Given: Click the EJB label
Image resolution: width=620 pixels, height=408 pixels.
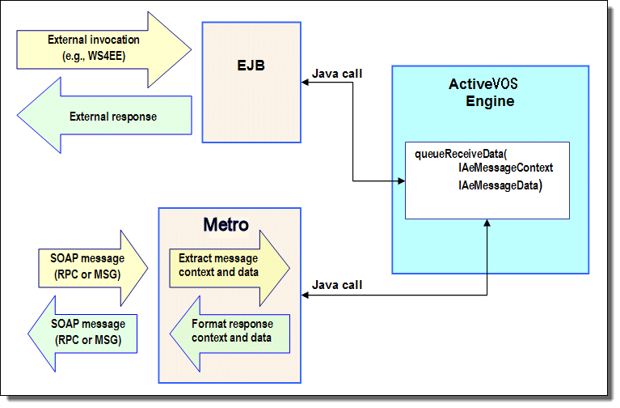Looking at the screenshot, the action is pos(251,66).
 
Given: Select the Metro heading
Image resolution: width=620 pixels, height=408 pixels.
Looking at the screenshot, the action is pos(226,224).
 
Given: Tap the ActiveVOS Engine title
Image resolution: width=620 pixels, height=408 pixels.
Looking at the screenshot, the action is pos(483,92).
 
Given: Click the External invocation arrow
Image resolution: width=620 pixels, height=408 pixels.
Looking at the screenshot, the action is pos(104,49).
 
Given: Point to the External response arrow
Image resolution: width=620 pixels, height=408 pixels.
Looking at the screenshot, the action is pos(104,115).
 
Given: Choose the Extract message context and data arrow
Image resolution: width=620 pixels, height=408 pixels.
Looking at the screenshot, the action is pos(230,268).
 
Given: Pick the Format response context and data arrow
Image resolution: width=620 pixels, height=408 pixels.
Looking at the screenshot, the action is pos(230,334).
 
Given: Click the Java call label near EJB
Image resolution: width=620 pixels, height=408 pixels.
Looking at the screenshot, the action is pos(337,74).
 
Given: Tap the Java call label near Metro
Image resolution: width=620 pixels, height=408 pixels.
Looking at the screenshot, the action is pos(337,285).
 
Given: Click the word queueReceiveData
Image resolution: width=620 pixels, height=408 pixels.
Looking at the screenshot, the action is pos(459,154).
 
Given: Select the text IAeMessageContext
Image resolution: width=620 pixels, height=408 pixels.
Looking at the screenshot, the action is pos(506,168).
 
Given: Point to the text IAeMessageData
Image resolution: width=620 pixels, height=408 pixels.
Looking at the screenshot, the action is pos(499,185).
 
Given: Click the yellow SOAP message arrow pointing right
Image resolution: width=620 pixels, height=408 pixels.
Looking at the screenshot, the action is pos(93,268).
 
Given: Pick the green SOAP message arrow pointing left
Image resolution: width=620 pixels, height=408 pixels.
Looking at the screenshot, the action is pos(82,334).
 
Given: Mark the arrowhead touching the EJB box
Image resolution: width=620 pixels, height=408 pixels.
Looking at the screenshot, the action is pos(305,83).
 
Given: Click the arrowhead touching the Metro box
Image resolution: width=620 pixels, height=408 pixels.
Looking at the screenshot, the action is pos(305,295).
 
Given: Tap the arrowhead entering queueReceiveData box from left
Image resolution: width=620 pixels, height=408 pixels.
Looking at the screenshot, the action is pos(401,181).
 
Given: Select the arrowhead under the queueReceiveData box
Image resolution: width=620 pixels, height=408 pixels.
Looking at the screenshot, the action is pos(487,223).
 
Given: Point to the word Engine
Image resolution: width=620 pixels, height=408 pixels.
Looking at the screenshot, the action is pos(490,101).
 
